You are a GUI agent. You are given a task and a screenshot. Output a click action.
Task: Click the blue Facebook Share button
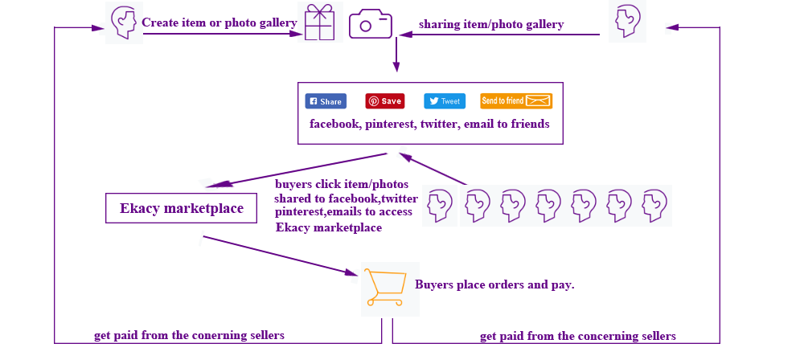pos(326,101)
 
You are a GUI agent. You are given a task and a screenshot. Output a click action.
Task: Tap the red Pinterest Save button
pos(385,101)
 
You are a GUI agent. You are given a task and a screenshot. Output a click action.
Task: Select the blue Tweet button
pos(445,101)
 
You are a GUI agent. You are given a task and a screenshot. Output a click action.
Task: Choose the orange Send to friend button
pos(516,101)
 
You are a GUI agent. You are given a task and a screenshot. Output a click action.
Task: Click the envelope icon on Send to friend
pos(539,101)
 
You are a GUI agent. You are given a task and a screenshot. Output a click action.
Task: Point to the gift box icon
pos(319,22)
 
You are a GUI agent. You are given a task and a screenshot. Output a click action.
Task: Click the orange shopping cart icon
pos(384,288)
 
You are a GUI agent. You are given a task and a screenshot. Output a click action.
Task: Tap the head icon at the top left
pos(124,22)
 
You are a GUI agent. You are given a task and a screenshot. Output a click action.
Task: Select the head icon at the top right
pos(627,22)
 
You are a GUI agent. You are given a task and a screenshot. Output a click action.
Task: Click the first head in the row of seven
pos(440,206)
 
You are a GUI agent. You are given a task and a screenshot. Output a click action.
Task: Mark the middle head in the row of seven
pos(547,206)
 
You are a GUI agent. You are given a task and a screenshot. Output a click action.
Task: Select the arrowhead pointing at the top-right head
pos(674,27)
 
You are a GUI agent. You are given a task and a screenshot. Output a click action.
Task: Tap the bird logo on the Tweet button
pos(433,101)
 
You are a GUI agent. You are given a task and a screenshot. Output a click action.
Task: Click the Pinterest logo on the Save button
pos(374,101)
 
